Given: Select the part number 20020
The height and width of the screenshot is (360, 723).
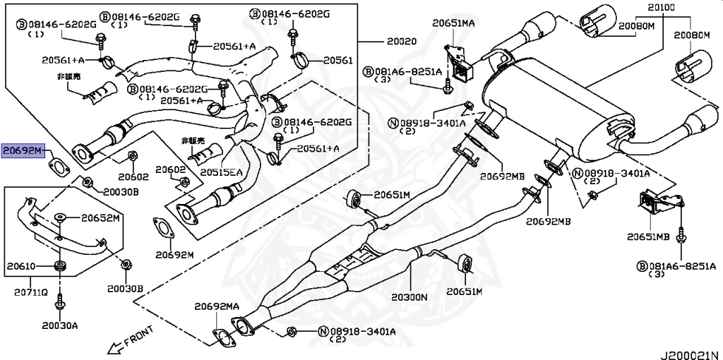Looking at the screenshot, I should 401,42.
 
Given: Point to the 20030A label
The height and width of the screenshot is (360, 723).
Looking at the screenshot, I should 60,325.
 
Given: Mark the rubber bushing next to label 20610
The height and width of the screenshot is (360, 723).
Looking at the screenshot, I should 59,267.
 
